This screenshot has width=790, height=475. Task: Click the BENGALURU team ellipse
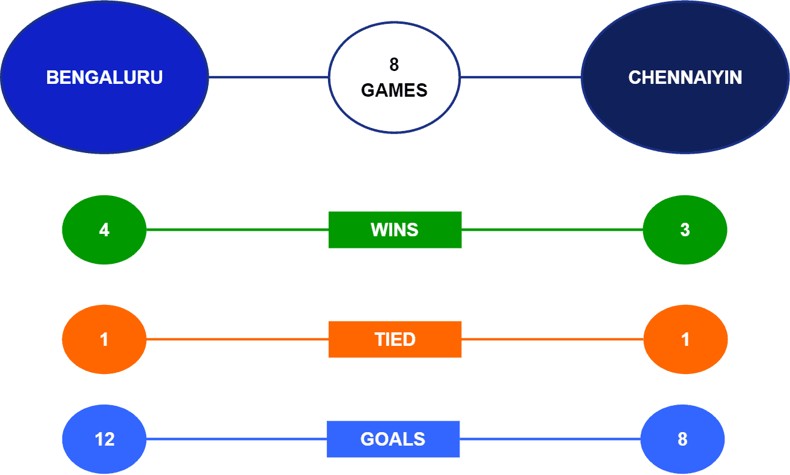pyautogui.click(x=105, y=77)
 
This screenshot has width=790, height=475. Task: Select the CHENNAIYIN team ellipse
pyautogui.click(x=685, y=77)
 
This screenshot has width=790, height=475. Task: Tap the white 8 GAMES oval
pyautogui.click(x=394, y=77)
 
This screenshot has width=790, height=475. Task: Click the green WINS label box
pyautogui.click(x=395, y=230)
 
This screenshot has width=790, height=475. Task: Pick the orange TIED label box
pyautogui.click(x=395, y=339)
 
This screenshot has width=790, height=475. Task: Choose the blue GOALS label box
pyautogui.click(x=393, y=439)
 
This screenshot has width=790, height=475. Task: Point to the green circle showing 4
pyautogui.click(x=104, y=230)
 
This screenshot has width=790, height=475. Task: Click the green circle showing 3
pyautogui.click(x=685, y=230)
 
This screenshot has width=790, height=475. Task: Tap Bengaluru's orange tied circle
pyautogui.click(x=104, y=339)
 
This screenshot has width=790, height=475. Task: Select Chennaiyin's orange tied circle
pyautogui.click(x=685, y=339)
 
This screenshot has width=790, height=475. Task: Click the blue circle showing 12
pyautogui.click(x=104, y=439)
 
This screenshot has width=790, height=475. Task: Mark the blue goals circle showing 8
pyautogui.click(x=682, y=439)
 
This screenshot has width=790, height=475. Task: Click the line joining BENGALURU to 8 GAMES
pyautogui.click(x=269, y=77)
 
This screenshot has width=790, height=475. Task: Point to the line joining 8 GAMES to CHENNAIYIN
pyautogui.click(x=521, y=77)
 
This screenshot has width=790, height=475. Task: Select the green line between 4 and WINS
pyautogui.click(x=237, y=230)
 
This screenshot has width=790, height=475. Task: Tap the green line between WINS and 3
pyautogui.click(x=553, y=230)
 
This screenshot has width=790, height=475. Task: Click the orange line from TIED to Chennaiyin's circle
pyautogui.click(x=553, y=339)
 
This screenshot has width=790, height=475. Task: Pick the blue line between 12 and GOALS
pyautogui.click(x=236, y=439)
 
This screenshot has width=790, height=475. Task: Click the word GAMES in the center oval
pyautogui.click(x=394, y=91)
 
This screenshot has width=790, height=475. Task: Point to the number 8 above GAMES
pyautogui.click(x=394, y=65)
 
